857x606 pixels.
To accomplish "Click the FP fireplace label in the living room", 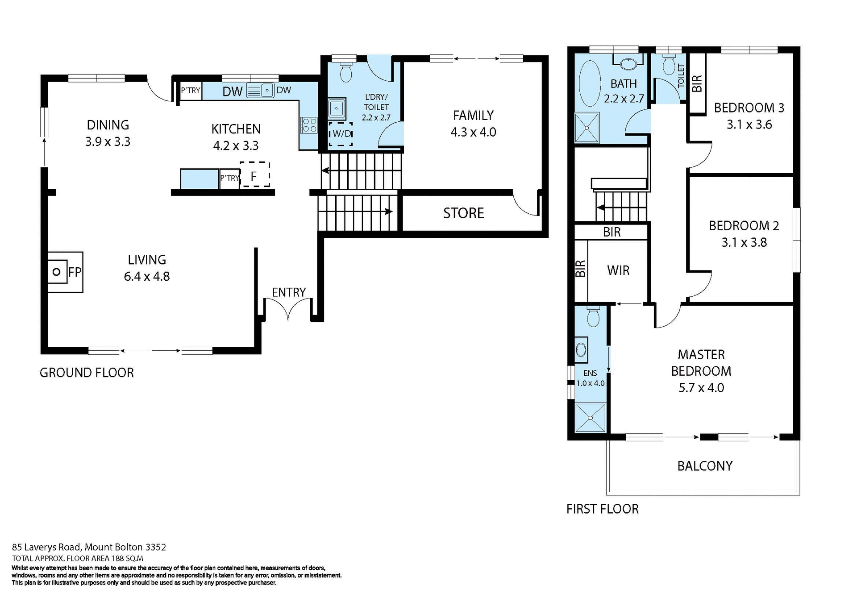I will tap(75, 272).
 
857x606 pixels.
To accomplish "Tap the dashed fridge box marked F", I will tap(254, 175).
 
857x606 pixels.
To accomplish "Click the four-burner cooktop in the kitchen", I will tap(309, 125).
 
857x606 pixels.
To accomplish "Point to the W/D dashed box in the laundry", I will tap(341, 134).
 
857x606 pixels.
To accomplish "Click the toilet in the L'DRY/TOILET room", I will tap(346, 72).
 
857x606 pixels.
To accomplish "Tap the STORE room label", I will tap(463, 213).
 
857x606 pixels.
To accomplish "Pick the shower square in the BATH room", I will tap(587, 128).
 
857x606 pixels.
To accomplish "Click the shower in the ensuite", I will tap(590, 418).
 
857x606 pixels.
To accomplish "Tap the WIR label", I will tap(618, 270).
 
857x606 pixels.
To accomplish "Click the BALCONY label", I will tap(705, 466).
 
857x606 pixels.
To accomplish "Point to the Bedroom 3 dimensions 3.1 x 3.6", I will tap(749, 125).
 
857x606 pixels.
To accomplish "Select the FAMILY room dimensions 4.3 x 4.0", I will tap(473, 132).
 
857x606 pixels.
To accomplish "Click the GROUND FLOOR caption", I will tap(87, 373).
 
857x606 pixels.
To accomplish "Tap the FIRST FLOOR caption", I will tap(602, 509).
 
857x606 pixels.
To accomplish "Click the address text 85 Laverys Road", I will tap(89, 547).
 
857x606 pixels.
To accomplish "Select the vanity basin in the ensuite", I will tap(581, 349).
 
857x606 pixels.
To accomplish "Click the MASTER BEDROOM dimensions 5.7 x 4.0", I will tap(701, 388).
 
